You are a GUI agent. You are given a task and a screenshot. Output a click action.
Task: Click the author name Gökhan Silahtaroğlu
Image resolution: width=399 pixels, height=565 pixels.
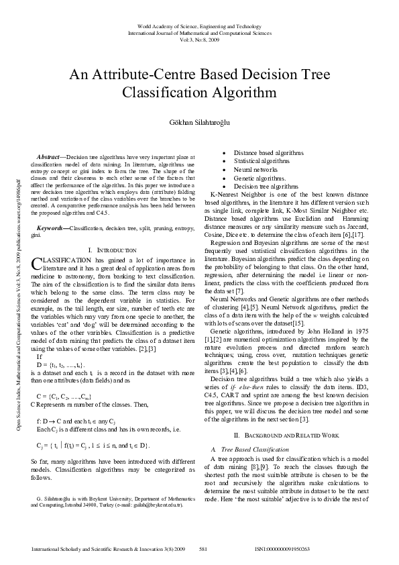pos(199,123)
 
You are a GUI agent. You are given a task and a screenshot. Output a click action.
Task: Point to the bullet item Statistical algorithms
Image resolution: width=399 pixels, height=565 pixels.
pos(252,162)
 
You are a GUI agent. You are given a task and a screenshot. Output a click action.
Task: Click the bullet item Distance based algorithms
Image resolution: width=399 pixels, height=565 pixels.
pos(259,154)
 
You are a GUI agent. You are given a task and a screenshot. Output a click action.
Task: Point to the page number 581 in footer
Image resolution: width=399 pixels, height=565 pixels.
pos(204,549)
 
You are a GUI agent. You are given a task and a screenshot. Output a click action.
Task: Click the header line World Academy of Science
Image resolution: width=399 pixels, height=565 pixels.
pos(198,25)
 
